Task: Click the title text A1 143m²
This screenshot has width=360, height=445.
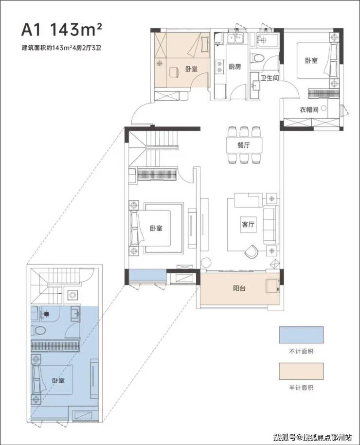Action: (62, 30)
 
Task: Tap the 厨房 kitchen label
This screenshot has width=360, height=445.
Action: (235, 67)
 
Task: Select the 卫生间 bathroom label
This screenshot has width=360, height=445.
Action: (270, 77)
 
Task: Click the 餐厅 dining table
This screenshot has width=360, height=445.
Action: (244, 145)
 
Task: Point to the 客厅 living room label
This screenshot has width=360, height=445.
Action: (248, 224)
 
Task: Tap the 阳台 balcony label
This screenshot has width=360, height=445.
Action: (239, 288)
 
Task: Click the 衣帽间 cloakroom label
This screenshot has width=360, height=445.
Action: (309, 109)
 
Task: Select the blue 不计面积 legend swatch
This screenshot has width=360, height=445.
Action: (301, 335)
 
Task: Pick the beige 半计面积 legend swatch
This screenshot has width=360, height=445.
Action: (301, 371)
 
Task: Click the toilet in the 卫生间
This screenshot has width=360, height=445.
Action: (257, 58)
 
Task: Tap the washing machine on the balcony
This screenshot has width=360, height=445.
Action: (272, 285)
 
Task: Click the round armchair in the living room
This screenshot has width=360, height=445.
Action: (251, 251)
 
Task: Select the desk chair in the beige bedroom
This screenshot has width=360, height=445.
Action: (174, 72)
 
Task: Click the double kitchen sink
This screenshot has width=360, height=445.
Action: (235, 38)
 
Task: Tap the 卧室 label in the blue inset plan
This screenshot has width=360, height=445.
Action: (58, 381)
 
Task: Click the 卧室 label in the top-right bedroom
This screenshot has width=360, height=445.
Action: (311, 60)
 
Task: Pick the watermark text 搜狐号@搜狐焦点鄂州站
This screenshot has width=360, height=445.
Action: (313, 436)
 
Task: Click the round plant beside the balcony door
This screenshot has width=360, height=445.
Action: (206, 263)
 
